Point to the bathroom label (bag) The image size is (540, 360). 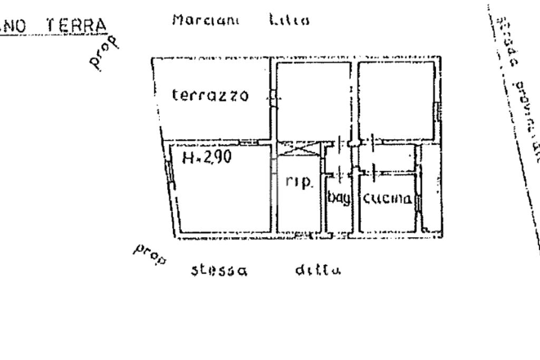(x=339, y=199)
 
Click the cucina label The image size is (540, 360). (x=386, y=199)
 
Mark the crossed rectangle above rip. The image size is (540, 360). (x=298, y=148)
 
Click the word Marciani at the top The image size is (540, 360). (x=206, y=21)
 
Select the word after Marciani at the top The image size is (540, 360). (x=288, y=21)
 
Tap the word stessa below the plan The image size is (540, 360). (x=219, y=271)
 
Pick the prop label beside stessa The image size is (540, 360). (x=150, y=254)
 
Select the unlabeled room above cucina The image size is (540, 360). (x=397, y=100)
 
